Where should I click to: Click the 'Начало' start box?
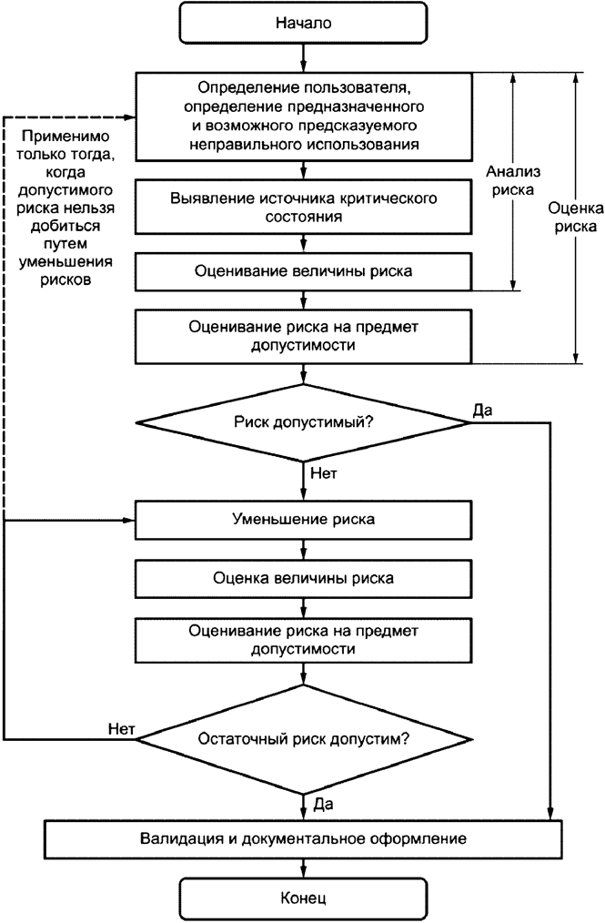click(304, 23)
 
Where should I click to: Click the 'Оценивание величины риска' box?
click(304, 270)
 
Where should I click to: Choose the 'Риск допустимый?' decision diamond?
click(304, 421)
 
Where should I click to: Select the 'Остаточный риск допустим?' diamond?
click(304, 738)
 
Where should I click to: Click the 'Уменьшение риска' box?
click(304, 520)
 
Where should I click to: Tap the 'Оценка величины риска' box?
click(304, 577)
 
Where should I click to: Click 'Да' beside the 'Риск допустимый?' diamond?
click(482, 410)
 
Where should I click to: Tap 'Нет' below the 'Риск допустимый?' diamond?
click(323, 473)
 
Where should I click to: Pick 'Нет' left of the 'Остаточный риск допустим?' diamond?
click(121, 728)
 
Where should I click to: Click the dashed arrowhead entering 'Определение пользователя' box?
click(129, 117)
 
